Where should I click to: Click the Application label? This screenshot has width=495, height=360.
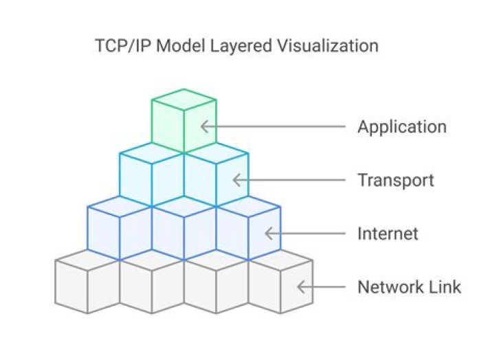(x=401, y=127)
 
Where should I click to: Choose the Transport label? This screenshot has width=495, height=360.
(x=395, y=180)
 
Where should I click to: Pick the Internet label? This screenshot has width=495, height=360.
(x=387, y=234)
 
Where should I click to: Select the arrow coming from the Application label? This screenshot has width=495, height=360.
(x=275, y=126)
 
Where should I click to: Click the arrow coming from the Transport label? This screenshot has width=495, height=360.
(x=289, y=180)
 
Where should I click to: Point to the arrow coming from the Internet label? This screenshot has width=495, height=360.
(x=306, y=234)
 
